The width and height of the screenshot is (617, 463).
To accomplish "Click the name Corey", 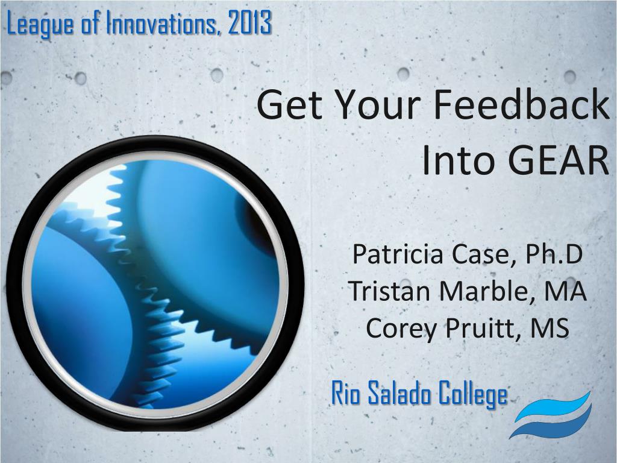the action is pos(401,329).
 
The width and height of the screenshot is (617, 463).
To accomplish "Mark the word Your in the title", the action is pos(378,105).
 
